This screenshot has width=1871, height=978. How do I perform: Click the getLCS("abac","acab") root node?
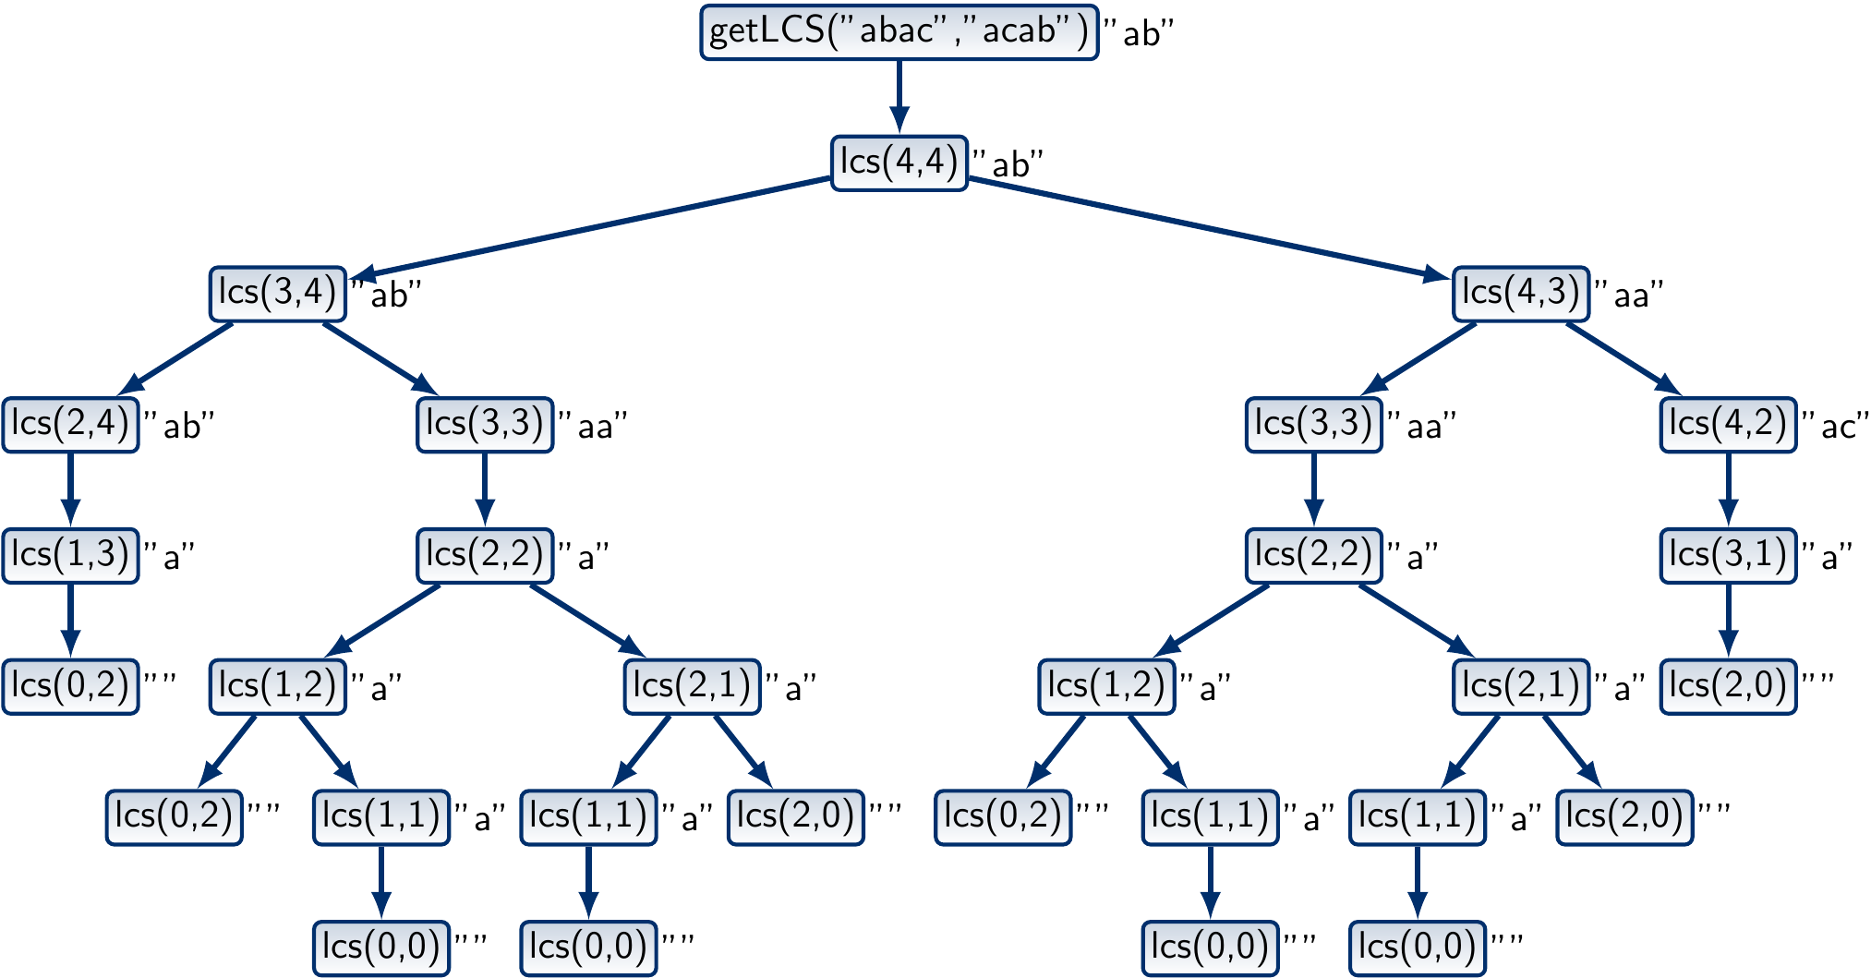(899, 32)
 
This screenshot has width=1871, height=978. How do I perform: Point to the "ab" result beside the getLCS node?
(1140, 34)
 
